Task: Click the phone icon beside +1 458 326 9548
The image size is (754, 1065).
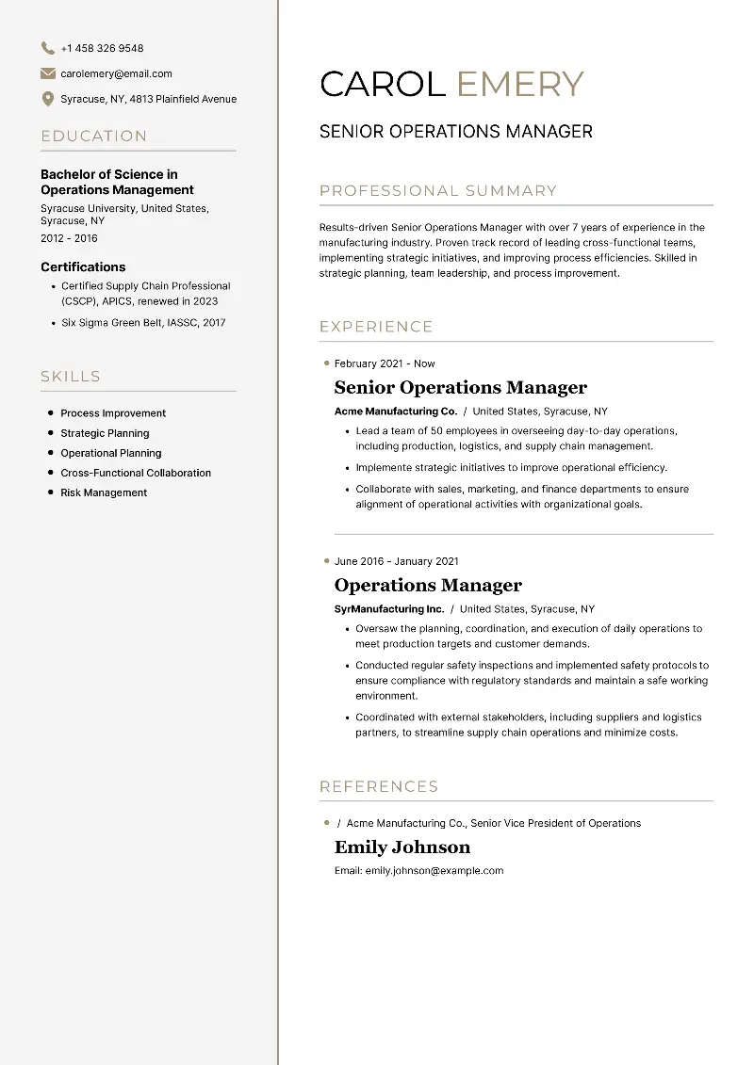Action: (48, 48)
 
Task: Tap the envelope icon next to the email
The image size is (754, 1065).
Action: (48, 73)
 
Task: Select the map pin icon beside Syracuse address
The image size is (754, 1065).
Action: (48, 99)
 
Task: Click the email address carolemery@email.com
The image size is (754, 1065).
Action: (116, 73)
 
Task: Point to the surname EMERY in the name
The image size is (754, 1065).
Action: (520, 84)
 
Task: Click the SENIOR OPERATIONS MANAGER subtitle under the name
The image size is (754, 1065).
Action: (456, 132)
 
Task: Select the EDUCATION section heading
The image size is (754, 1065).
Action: (94, 136)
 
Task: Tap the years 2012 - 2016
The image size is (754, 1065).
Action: (69, 238)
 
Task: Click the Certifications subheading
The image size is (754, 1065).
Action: (83, 266)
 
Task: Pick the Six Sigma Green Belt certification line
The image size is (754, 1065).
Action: (143, 322)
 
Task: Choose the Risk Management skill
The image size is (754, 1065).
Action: (104, 492)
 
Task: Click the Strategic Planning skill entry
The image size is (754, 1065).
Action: (105, 433)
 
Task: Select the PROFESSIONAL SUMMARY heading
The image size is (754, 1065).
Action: (438, 190)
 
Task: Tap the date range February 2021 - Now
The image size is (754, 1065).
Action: (385, 363)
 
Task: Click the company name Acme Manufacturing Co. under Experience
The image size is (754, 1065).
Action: (396, 411)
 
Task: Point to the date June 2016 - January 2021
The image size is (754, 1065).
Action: (396, 561)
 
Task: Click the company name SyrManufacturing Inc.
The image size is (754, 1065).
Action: (389, 609)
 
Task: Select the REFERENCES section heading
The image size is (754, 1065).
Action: (379, 786)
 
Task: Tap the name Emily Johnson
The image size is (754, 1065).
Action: (402, 847)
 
